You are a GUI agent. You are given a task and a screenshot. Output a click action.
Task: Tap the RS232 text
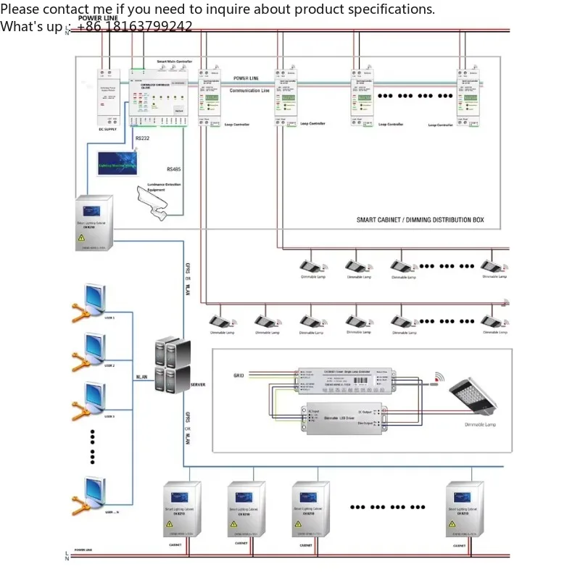pyautogui.click(x=143, y=137)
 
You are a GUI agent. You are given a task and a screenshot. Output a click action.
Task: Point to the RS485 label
pyautogui.click(x=174, y=169)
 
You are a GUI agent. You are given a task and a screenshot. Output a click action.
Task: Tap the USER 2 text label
pyautogui.click(x=109, y=365)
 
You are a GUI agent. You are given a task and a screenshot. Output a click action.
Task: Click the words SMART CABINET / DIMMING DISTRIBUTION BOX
pyautogui.click(x=420, y=220)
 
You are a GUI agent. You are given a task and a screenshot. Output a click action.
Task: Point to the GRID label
pyautogui.click(x=239, y=376)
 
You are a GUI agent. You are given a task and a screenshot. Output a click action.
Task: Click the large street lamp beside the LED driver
pyautogui.click(x=474, y=397)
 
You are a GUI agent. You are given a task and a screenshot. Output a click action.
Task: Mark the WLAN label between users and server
pyautogui.click(x=142, y=377)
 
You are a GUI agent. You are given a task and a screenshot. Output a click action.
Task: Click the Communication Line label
pyautogui.click(x=249, y=91)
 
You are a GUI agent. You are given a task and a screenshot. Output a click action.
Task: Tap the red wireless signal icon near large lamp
pyautogui.click(x=438, y=377)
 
